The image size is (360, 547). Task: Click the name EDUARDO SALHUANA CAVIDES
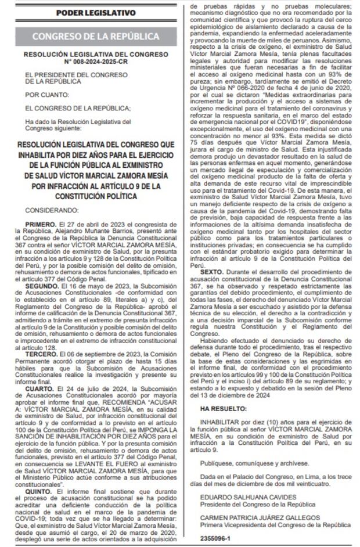pyautogui.click(x=241, y=498)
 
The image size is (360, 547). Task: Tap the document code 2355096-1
pyautogui.click(x=214, y=537)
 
